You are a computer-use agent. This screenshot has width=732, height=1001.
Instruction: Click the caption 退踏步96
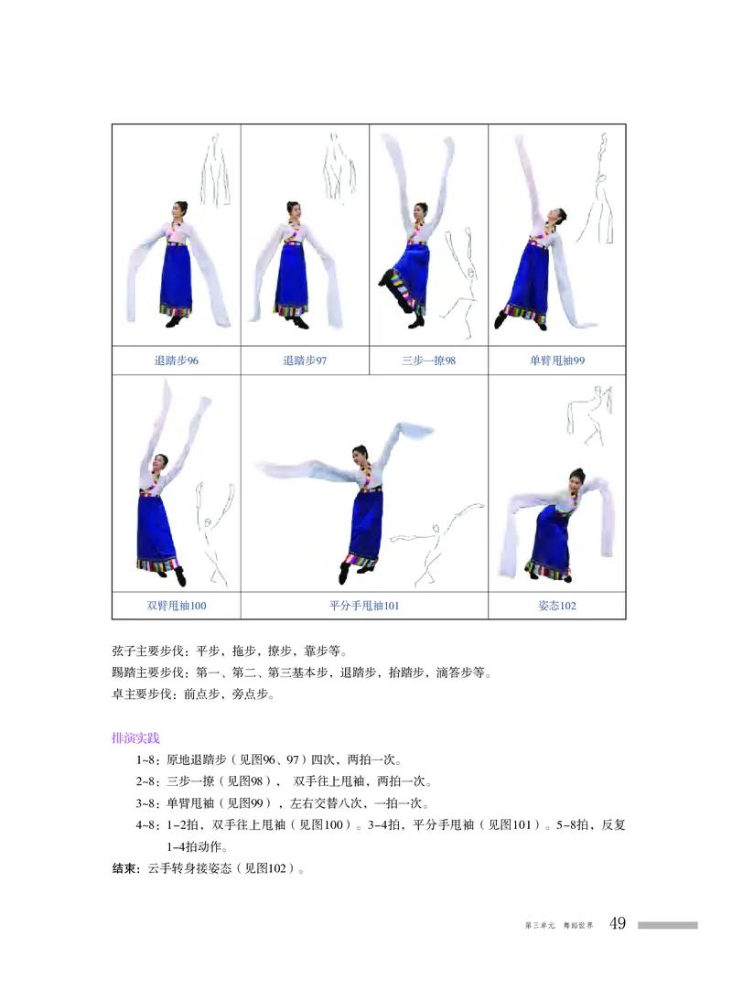click(x=177, y=361)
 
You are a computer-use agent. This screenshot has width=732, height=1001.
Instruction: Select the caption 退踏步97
click(x=305, y=361)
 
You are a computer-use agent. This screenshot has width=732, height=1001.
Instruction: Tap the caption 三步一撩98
click(x=428, y=361)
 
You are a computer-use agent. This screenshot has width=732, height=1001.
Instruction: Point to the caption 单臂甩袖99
click(x=557, y=361)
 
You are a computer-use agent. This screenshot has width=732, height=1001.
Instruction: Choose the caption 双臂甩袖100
click(x=177, y=606)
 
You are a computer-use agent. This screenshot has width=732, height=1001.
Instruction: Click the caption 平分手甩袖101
click(x=364, y=606)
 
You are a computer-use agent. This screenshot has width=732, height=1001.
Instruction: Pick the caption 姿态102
click(x=557, y=606)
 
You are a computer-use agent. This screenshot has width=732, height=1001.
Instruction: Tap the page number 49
click(x=618, y=924)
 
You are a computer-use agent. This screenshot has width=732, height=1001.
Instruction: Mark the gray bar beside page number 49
click(x=667, y=925)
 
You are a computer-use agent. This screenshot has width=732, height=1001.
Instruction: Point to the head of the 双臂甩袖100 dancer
click(x=160, y=462)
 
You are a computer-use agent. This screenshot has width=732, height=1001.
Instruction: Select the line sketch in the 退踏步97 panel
click(x=339, y=165)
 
